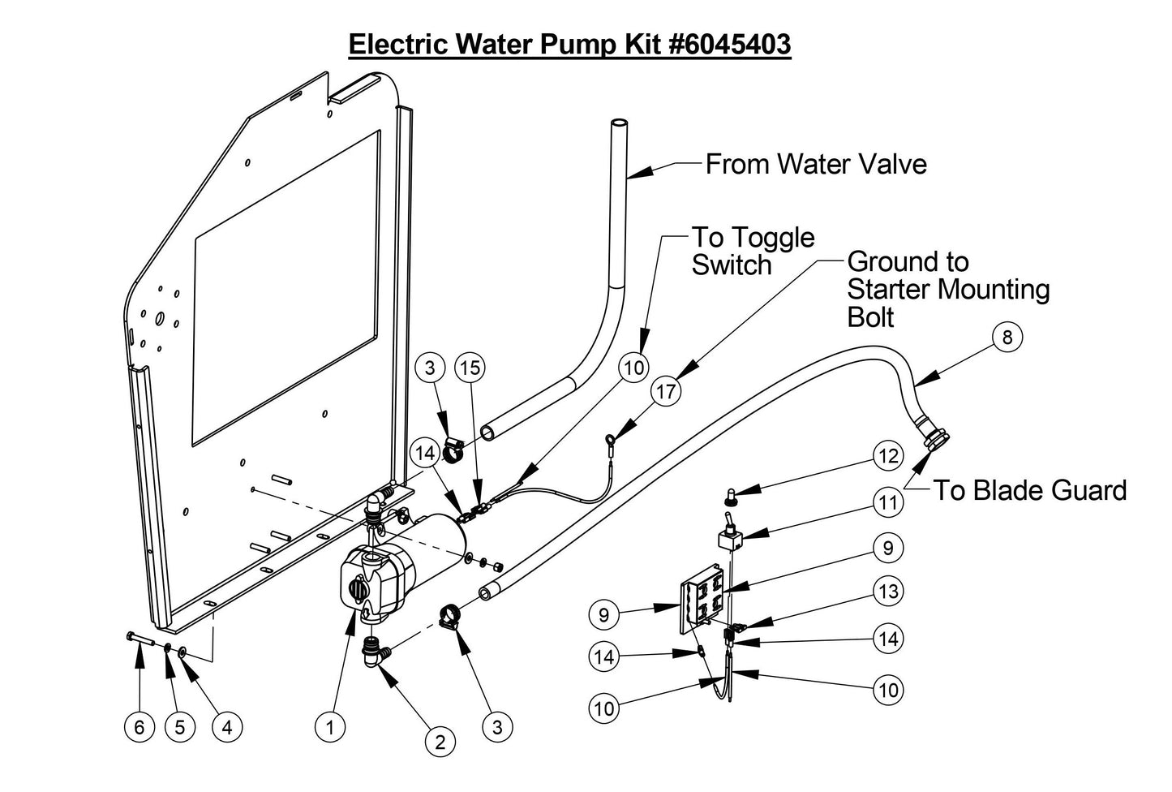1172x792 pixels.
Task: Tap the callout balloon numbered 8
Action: pos(1007,337)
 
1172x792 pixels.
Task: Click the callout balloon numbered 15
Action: pos(470,368)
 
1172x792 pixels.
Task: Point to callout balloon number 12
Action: pos(889,455)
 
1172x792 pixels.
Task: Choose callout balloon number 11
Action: pos(889,502)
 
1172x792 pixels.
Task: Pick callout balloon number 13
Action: pos(889,591)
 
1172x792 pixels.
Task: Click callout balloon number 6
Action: pos(140,727)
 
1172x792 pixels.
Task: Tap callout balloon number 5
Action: pos(180,727)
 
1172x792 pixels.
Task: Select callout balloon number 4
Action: pos(227,727)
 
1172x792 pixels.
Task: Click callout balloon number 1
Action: pos(329,727)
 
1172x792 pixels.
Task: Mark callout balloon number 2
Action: pos(440,741)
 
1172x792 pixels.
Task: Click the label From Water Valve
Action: pos(815,164)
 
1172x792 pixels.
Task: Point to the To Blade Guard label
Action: pos(1029,490)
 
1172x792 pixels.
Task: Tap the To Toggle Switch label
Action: pos(752,251)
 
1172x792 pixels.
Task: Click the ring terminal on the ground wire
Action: pos(608,441)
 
